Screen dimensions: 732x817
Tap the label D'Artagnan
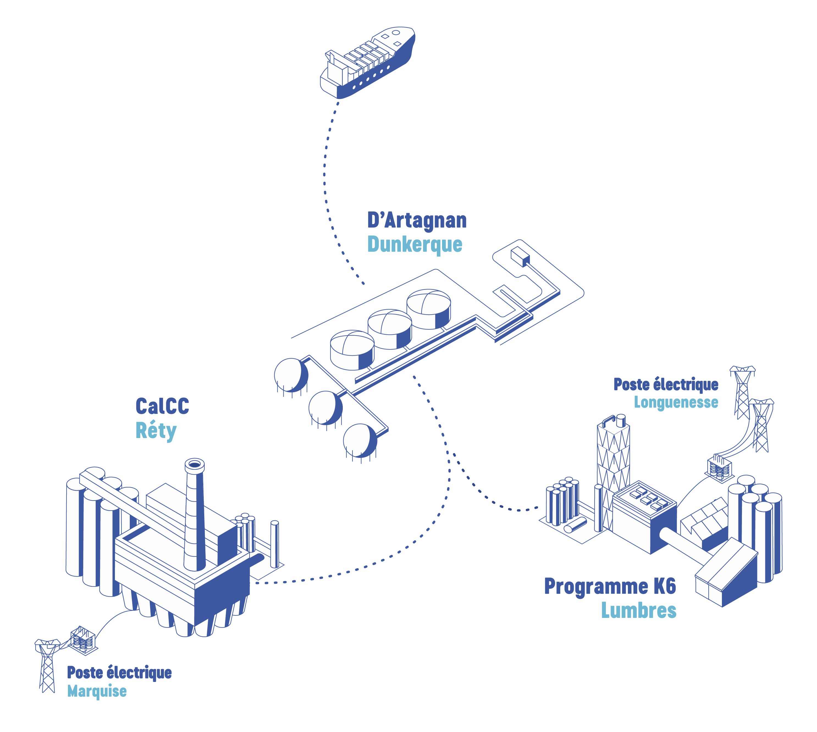(417, 221)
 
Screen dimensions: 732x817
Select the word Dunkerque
(415, 244)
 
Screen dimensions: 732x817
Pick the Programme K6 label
(610, 587)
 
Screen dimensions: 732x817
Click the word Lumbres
(639, 610)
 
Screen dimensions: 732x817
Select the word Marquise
(97, 691)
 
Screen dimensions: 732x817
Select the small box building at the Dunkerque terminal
(520, 256)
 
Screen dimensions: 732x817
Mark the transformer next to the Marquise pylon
(83, 640)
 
